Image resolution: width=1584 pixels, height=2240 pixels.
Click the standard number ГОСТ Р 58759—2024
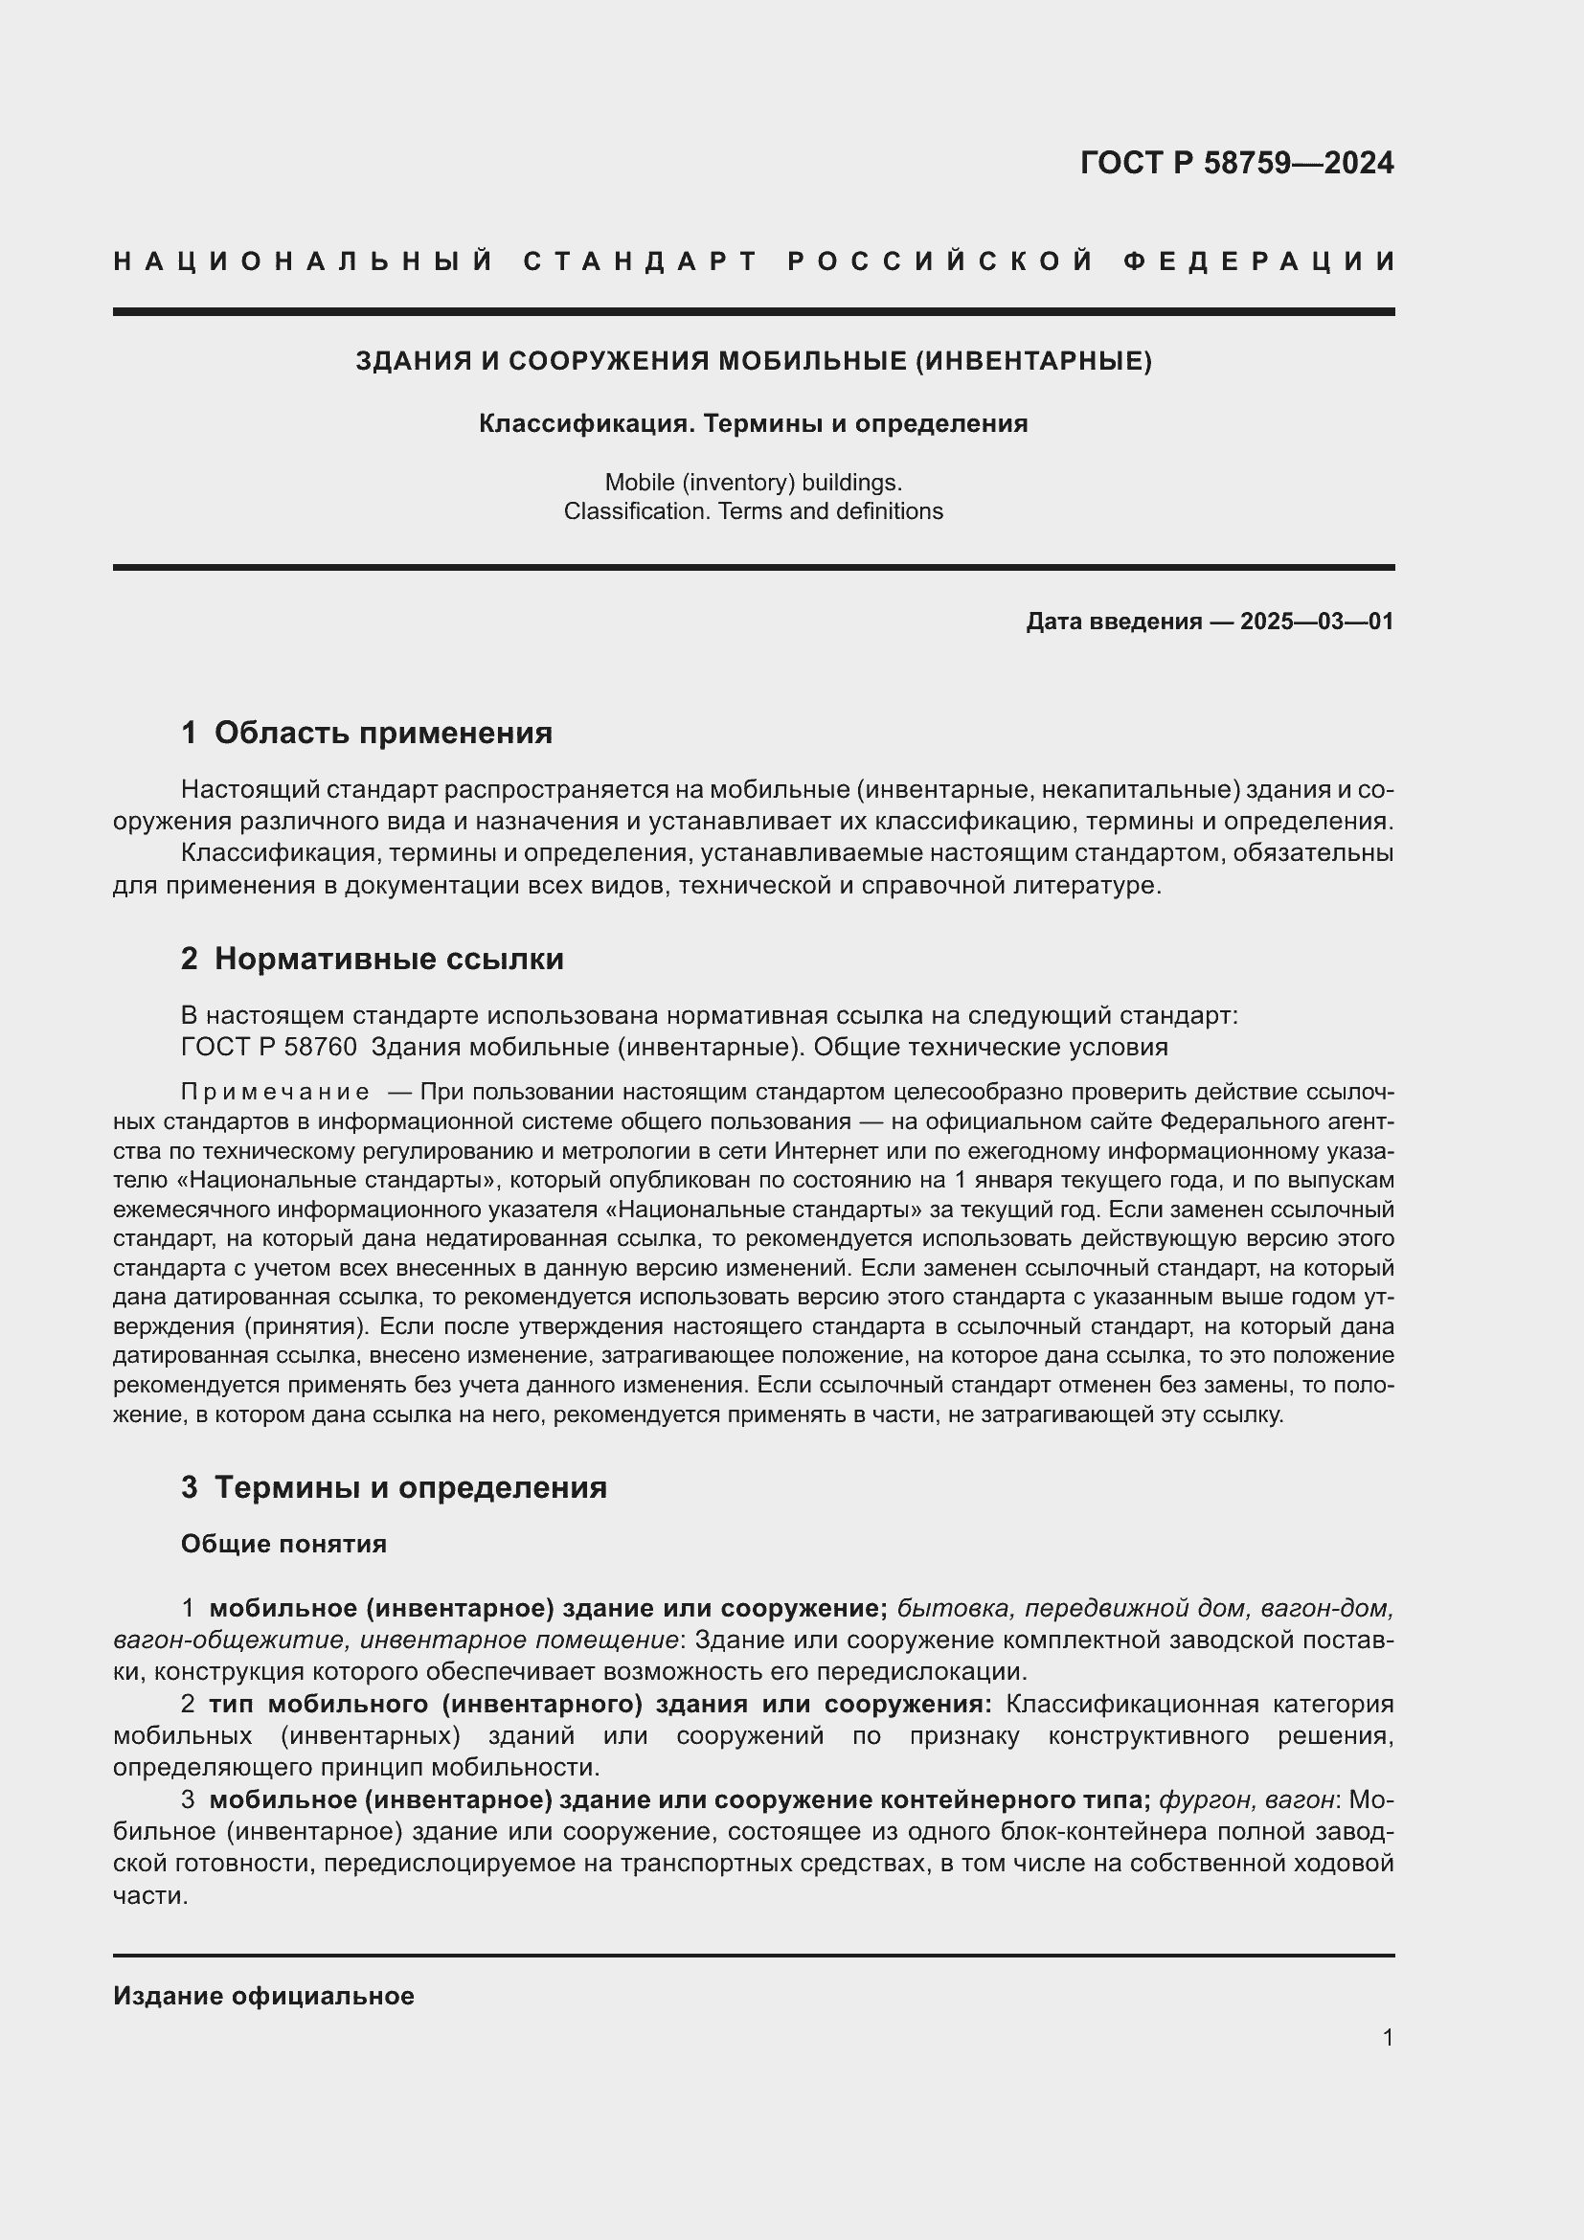pos(1236,163)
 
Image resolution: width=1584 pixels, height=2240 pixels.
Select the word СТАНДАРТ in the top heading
pos(641,261)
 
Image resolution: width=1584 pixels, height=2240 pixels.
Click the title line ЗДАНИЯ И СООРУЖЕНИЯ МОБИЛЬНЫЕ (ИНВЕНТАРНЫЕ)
pos(753,362)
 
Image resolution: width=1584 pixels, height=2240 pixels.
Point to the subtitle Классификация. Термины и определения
pos(753,424)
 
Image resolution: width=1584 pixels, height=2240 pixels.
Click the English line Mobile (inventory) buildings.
pos(753,482)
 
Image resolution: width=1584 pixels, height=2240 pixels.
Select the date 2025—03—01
pos(1317,622)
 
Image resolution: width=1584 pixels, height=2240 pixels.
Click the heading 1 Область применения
pos(367,733)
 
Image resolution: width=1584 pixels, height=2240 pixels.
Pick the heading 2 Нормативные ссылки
pos(373,959)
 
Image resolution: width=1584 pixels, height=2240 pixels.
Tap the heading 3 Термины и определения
pos(394,1488)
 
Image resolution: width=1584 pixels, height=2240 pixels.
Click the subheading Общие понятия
pos(283,1545)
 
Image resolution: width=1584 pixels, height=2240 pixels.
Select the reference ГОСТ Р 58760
pos(269,1047)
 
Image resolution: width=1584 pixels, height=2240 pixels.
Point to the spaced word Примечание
pos(275,1092)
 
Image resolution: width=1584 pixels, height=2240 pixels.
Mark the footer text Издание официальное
pos(263,1996)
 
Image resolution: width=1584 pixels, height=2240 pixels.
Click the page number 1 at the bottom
pos(1388,2037)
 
